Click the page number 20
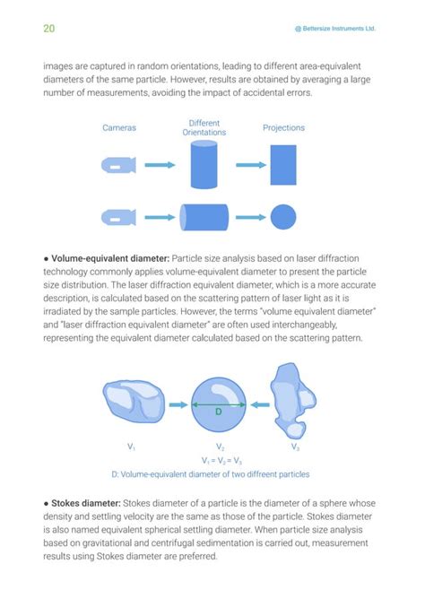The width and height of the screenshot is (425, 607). (49, 28)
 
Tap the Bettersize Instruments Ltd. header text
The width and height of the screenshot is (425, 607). (334, 29)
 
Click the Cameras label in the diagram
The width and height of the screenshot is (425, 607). (119, 128)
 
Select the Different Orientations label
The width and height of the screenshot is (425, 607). (204, 127)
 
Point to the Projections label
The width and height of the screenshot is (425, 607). (283, 128)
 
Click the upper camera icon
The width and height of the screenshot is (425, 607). (118, 166)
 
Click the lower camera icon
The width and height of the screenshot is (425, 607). (118, 218)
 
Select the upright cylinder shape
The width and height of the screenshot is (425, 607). (204, 165)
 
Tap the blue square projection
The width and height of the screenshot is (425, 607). (283, 165)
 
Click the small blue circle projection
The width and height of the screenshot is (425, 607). (283, 218)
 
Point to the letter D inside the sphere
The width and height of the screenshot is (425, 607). (218, 413)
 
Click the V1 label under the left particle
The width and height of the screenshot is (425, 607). (132, 446)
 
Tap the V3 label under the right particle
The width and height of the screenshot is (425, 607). (295, 446)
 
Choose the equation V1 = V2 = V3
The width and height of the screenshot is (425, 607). (218, 459)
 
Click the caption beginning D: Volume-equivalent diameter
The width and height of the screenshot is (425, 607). (211, 473)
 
